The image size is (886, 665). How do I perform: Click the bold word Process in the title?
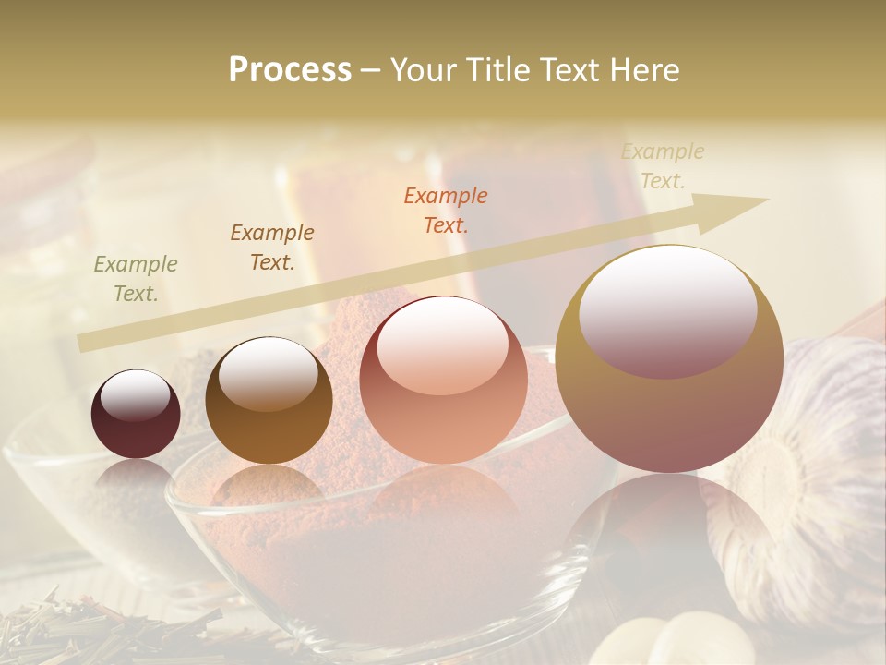pyautogui.click(x=290, y=70)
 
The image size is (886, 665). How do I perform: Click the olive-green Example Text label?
pyautogui.click(x=136, y=279)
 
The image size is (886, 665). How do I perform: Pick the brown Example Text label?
pyautogui.click(x=272, y=248)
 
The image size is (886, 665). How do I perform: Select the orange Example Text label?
pyautogui.click(x=446, y=210)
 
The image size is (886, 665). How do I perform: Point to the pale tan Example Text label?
pyautogui.click(x=662, y=166)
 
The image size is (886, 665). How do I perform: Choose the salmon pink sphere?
pyautogui.click(x=443, y=381)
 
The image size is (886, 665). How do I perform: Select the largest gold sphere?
pyautogui.click(x=669, y=360)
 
